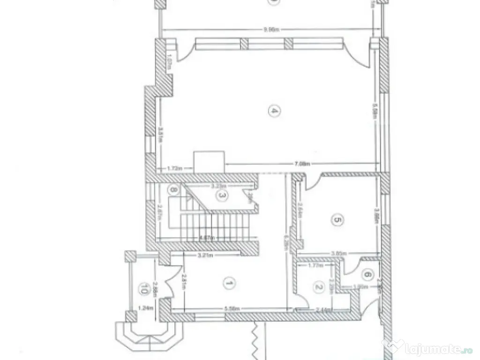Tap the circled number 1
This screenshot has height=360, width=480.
pos(230,283)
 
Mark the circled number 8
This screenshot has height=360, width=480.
pos(174,190)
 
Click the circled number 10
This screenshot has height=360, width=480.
pos(141,290)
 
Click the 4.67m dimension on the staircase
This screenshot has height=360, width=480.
pos(207,237)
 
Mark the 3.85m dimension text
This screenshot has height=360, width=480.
pos(338,253)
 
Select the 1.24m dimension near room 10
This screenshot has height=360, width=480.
pos(145,308)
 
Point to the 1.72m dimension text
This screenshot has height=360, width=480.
pos(175,167)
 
